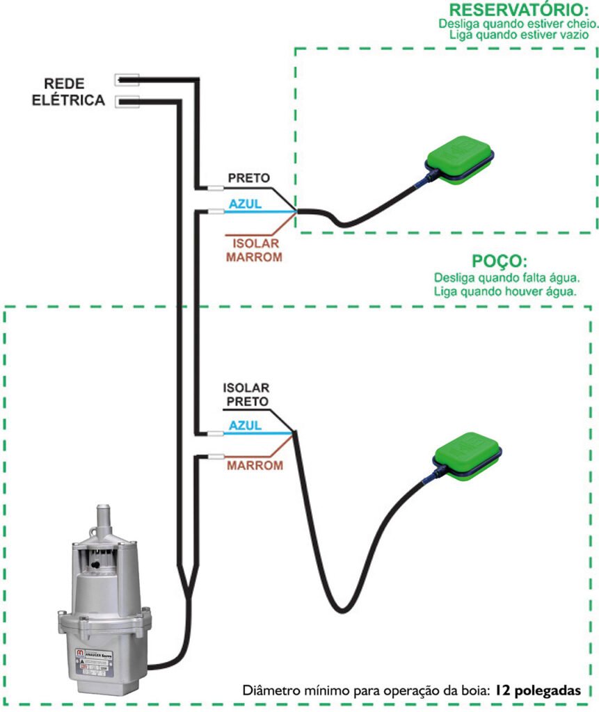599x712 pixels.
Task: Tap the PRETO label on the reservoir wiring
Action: pyautogui.click(x=248, y=178)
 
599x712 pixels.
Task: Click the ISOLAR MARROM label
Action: pyautogui.click(x=253, y=250)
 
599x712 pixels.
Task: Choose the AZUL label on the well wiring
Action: pyautogui.click(x=245, y=425)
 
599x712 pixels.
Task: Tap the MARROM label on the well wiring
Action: pyautogui.click(x=255, y=464)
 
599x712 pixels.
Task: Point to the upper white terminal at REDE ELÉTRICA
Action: pyautogui.click(x=127, y=79)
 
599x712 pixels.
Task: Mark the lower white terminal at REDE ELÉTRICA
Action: pyautogui.click(x=127, y=102)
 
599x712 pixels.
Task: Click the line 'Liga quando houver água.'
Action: pyautogui.click(x=504, y=291)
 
